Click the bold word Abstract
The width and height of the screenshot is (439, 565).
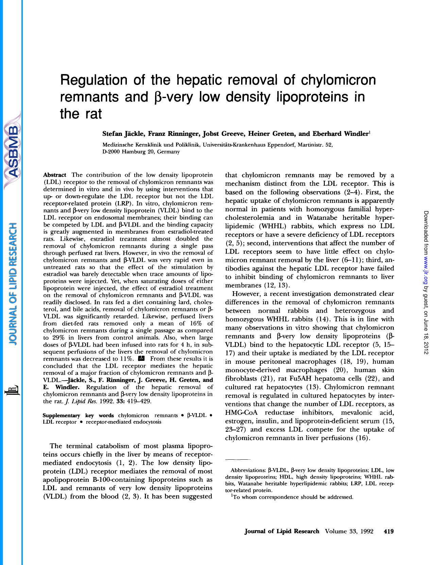54,175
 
